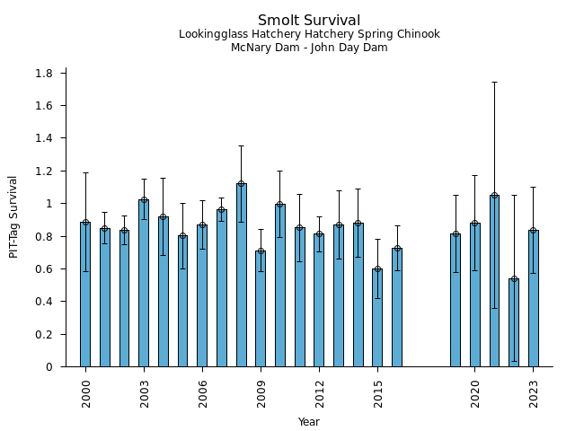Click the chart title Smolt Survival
309,21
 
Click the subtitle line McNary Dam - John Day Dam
309,48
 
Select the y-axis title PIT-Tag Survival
13,216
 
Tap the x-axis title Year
309,422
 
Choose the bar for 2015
377,318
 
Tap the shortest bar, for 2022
514,322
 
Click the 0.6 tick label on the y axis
45,268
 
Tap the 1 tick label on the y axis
49,204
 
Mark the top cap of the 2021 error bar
494,82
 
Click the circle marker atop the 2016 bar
397,249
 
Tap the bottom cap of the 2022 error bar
514,361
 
